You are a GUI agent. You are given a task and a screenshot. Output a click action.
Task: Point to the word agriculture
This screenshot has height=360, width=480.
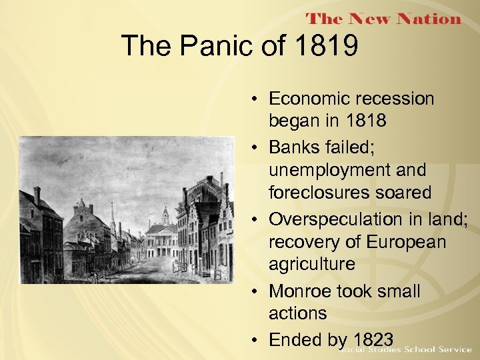coord(311,264)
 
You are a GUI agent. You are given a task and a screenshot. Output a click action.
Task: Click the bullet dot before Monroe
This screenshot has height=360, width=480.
coord(257,292)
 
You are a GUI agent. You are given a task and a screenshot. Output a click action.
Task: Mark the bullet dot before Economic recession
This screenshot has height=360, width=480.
coord(257,99)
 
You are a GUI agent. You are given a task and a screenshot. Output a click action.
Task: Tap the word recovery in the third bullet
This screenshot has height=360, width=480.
coord(301,241)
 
